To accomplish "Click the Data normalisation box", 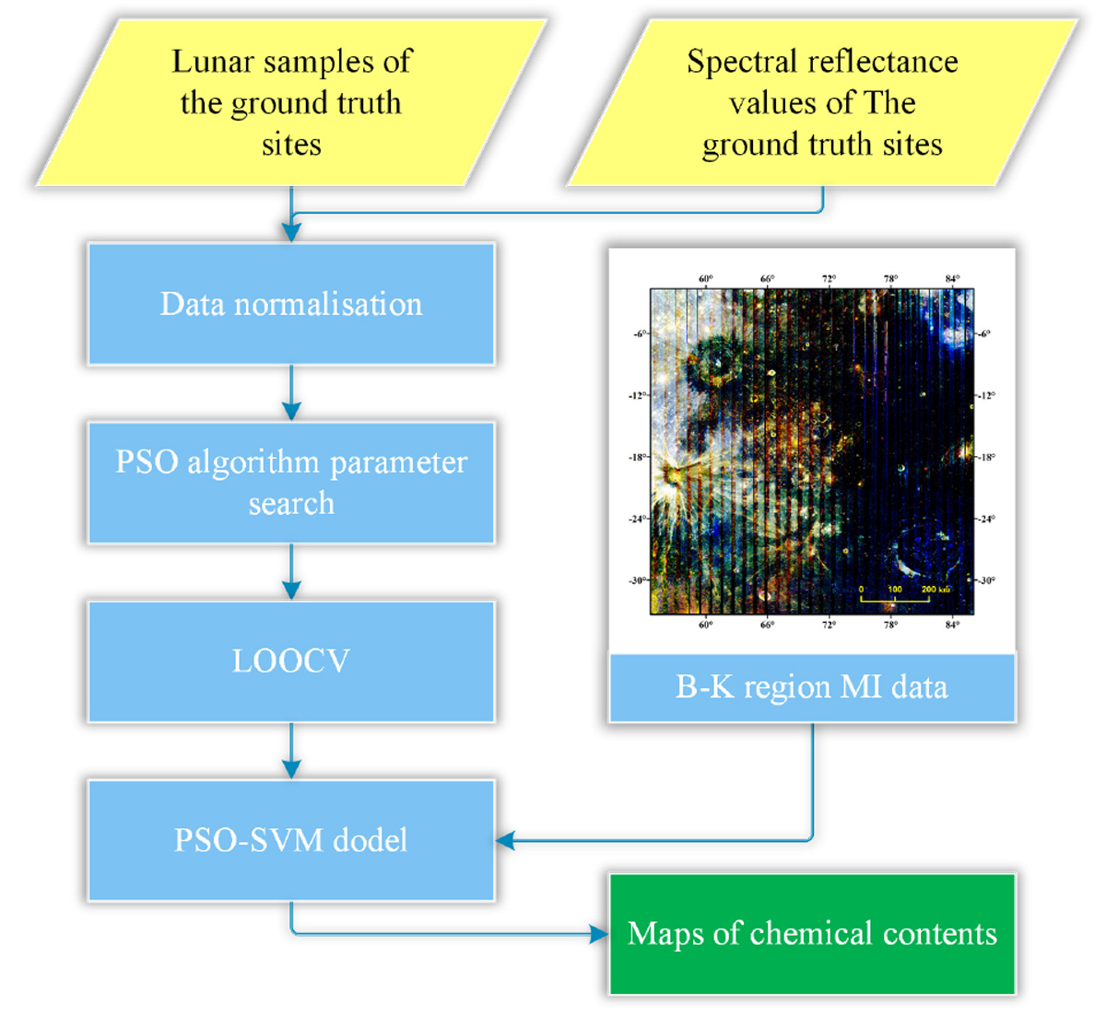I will point(291,304).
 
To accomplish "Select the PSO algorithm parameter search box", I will point(291,482).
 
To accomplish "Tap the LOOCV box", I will point(291,660).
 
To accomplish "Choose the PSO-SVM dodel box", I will point(291,839).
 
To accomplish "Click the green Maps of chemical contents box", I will point(812,933).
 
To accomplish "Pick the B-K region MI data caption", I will point(812,687).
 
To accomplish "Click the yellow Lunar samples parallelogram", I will point(291,102).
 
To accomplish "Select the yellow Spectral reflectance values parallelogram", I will point(822,102).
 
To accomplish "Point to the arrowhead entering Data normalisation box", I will point(291,234).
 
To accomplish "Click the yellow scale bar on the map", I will point(894,600).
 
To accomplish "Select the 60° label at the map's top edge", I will point(705,279).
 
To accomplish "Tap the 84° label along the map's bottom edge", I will point(952,625).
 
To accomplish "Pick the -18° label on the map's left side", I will point(637,457).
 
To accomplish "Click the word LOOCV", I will point(291,660).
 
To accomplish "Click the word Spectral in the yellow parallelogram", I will point(733,62).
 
